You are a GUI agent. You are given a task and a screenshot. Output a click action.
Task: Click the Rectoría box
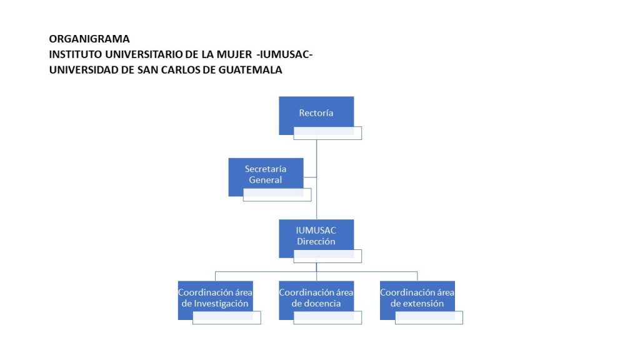point(316,112)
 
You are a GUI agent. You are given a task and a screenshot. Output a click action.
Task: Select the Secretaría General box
point(266,174)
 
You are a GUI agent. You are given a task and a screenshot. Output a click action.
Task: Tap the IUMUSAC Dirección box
point(316,235)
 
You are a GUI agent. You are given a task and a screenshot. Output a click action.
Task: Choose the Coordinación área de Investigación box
point(215,297)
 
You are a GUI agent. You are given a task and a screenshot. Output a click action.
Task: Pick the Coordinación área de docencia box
point(316,297)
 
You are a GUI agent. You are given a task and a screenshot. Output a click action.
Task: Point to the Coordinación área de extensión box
point(417,297)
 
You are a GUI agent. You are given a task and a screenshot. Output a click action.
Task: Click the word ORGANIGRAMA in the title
point(89,39)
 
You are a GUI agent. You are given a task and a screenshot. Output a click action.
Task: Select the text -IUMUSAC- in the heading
point(284,54)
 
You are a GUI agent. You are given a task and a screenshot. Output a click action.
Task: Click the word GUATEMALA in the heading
point(250,70)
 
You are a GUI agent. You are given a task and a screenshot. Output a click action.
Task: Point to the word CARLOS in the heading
point(181,70)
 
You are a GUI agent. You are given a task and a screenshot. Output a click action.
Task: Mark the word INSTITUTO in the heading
point(76,54)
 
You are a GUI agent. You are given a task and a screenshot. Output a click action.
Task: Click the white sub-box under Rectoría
point(327,133)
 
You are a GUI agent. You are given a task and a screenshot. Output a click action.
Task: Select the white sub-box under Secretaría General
point(277,195)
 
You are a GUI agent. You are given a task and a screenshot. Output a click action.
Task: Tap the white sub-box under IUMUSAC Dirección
point(327,256)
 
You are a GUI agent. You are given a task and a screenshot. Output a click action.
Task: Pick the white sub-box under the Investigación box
point(226,317)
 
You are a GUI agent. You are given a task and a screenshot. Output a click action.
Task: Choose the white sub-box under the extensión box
point(429,317)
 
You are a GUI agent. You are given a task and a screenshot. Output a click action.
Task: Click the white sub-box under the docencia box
point(327,317)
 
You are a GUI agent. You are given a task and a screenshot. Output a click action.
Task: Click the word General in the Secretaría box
point(265,180)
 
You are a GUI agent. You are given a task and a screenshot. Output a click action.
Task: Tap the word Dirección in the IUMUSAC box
point(316,242)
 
